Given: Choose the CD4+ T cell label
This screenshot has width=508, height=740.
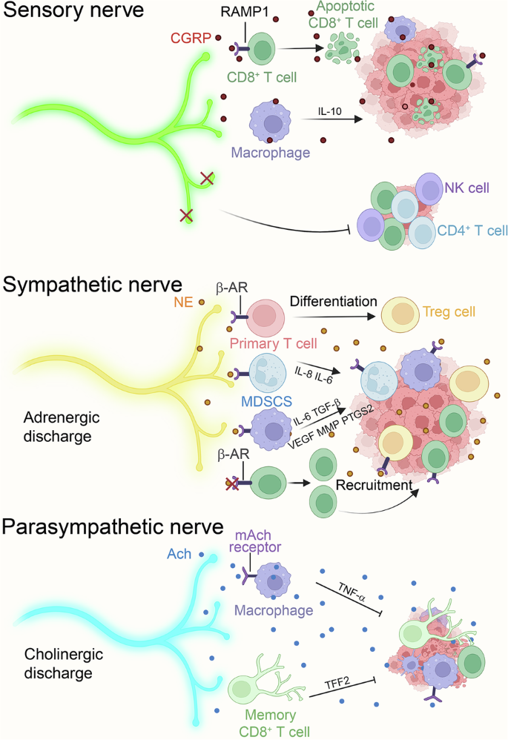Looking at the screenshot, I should (x=472, y=231).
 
